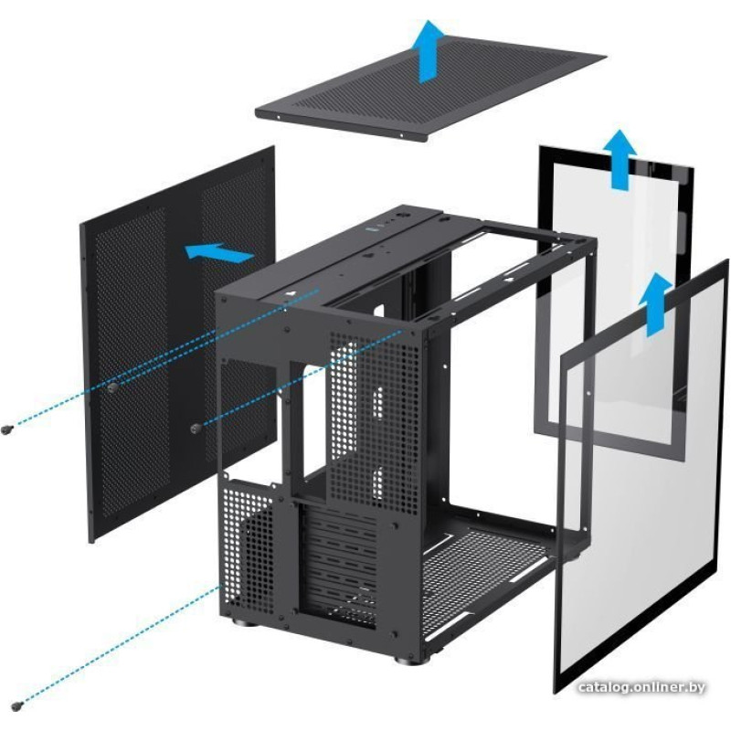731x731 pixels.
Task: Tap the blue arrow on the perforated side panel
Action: point(219,253)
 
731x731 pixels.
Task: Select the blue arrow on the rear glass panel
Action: point(620,160)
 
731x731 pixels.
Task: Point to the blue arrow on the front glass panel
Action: point(655,304)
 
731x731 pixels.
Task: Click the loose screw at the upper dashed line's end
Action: point(6,429)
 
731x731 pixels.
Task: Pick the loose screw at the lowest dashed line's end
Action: point(18,706)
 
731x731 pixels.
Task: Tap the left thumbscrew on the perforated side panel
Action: point(111,387)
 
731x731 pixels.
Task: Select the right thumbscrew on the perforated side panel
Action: point(196,428)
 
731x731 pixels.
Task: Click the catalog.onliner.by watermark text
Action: point(641,687)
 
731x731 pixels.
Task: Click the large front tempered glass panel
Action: point(641,475)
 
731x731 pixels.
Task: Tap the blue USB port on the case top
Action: point(374,228)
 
